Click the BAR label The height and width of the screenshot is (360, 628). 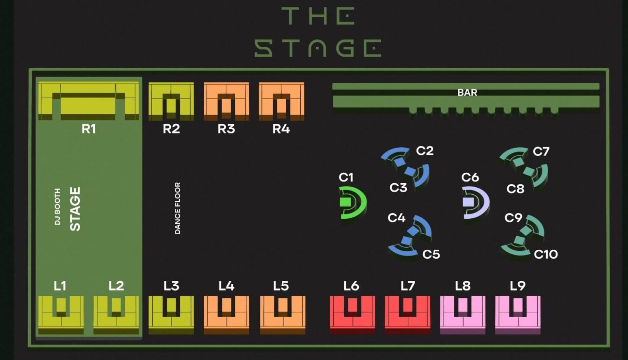tap(467, 93)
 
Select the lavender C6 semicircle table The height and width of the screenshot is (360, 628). tap(475, 203)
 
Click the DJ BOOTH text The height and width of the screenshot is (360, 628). tap(57, 207)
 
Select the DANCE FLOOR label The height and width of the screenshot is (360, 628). tap(177, 208)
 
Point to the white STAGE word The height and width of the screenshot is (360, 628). tap(75, 208)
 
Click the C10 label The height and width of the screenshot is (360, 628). tap(546, 254)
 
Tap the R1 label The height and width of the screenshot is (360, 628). tap(89, 129)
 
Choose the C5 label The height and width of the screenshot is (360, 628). tap(431, 254)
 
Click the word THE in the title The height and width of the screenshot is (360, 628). tap(318, 16)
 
